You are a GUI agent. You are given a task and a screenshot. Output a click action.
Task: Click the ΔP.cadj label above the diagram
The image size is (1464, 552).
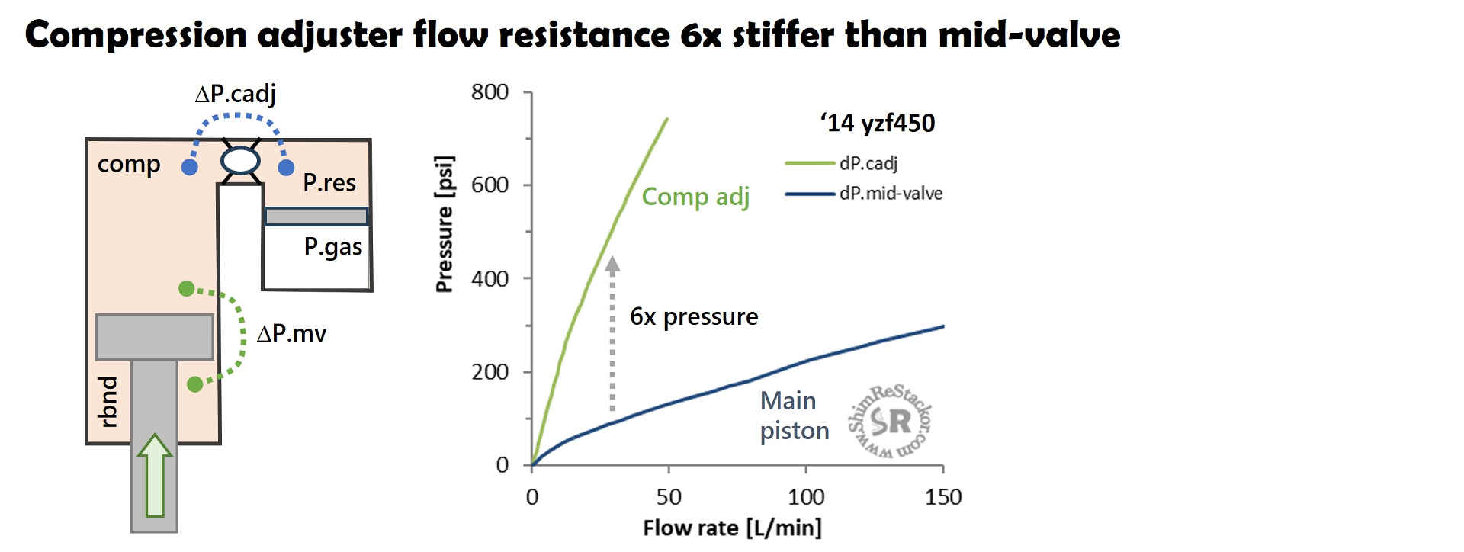[x=236, y=94]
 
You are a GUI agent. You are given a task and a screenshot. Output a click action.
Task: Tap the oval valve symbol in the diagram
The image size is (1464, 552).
[x=240, y=161]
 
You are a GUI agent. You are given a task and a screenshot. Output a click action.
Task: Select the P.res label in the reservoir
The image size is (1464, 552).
[x=329, y=183]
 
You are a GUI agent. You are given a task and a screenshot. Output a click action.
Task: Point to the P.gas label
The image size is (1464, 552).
[x=333, y=247]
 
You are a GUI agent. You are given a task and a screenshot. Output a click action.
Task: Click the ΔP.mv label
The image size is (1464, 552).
[x=291, y=333]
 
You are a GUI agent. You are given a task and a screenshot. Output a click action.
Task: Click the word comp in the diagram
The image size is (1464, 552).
[x=129, y=165]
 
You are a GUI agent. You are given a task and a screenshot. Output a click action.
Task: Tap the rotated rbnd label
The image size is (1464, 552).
[x=109, y=401]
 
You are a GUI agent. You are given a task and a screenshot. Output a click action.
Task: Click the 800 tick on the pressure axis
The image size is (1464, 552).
[x=490, y=92]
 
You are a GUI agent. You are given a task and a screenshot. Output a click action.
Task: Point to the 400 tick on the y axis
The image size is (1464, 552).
[x=490, y=279]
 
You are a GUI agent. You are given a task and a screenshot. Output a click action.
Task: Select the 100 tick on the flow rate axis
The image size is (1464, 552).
[x=806, y=497]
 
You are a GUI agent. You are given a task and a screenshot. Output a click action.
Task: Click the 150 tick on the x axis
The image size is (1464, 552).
[x=943, y=497]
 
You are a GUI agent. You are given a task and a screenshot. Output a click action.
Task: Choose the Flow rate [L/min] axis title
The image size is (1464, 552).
[x=732, y=528]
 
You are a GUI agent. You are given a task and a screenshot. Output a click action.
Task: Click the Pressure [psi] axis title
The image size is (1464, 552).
[x=445, y=223]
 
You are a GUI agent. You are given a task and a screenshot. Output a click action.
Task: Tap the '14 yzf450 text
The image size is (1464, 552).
[x=878, y=124]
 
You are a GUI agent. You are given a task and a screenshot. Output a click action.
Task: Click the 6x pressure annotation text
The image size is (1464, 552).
[x=694, y=316]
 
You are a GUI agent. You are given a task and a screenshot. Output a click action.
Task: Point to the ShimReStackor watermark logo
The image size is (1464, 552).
[x=890, y=421]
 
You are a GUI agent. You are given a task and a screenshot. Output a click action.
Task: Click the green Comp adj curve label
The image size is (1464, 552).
[x=695, y=197]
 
